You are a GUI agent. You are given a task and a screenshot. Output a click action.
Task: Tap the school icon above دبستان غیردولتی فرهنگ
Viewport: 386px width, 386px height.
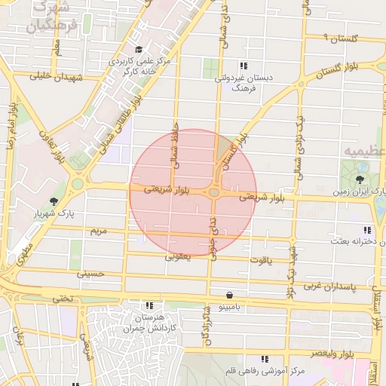(243, 66)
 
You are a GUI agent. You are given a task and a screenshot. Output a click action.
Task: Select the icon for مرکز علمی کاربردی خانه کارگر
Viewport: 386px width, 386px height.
(139, 49)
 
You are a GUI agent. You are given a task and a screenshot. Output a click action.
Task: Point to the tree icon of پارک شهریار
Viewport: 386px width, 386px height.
(53, 201)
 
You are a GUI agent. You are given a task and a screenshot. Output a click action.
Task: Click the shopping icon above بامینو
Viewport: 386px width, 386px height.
(229, 295)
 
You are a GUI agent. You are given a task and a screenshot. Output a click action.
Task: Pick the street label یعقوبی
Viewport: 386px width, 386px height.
(179, 256)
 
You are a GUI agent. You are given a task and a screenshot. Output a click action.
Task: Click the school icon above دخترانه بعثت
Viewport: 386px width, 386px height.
(367, 230)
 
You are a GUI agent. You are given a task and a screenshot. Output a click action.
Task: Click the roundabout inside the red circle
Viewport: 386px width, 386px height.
(214, 193)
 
